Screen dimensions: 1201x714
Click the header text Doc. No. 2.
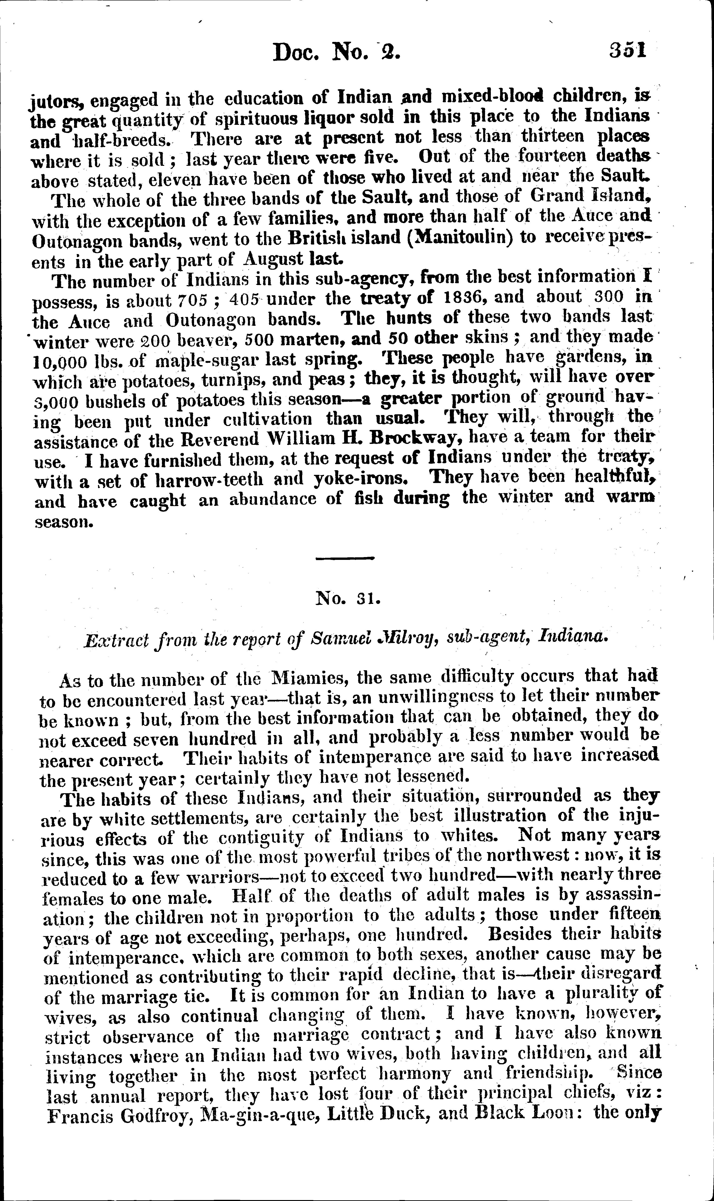(336, 52)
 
